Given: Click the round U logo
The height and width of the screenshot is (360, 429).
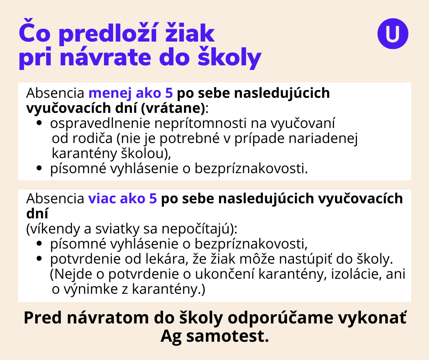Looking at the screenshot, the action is [x=392, y=34].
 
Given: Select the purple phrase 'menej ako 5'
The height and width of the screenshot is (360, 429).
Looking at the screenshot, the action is [x=131, y=93].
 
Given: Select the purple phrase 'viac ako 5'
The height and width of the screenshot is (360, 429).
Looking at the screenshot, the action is [x=122, y=198].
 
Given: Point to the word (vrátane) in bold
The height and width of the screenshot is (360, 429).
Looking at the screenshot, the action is [x=173, y=108].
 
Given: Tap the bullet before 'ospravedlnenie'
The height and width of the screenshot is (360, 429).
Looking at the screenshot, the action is [x=39, y=123].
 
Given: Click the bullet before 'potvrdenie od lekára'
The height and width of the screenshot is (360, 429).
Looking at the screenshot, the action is [x=39, y=259].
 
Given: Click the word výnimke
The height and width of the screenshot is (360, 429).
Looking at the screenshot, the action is [x=90, y=289].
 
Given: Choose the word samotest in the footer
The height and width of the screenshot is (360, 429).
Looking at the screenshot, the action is [x=227, y=336].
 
